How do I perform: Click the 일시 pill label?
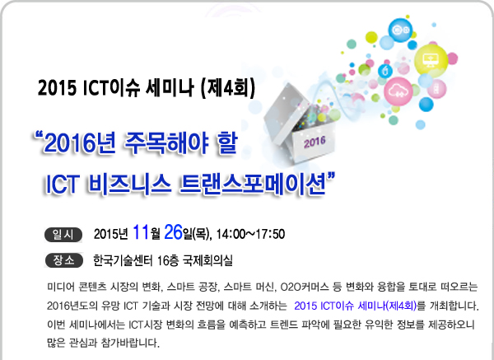point(63,235)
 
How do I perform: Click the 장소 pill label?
point(63,260)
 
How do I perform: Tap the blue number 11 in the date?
point(141,232)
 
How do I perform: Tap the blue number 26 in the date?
point(173,232)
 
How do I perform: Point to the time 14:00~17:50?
point(251,234)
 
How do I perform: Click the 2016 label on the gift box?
point(315,143)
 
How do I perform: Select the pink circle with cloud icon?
point(398,91)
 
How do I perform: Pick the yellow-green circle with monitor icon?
point(431,60)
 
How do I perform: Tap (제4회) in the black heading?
point(227,87)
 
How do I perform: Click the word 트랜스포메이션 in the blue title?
point(253,184)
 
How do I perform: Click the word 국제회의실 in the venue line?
point(207,260)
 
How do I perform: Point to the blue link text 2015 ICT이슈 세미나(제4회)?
point(356,306)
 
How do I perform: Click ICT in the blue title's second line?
point(62,184)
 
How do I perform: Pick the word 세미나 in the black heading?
point(170,87)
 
